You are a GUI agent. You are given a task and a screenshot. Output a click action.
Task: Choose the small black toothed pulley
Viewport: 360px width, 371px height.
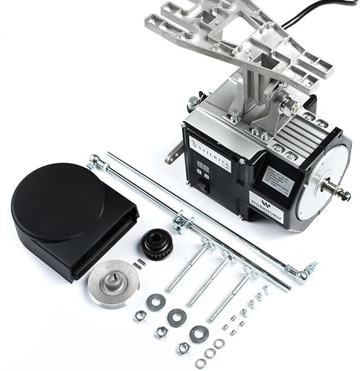click(x=156, y=243)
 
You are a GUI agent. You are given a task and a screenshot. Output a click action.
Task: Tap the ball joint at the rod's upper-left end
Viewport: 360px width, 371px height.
click(x=96, y=162)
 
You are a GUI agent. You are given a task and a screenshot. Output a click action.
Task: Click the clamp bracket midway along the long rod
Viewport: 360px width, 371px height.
click(x=182, y=222)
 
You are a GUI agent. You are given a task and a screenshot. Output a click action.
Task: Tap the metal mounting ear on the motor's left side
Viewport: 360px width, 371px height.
click(x=174, y=154)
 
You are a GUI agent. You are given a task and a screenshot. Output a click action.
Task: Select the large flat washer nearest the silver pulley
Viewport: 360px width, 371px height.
click(x=156, y=302)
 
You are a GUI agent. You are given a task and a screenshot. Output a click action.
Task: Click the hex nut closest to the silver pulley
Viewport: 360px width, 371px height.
click(x=140, y=315)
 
